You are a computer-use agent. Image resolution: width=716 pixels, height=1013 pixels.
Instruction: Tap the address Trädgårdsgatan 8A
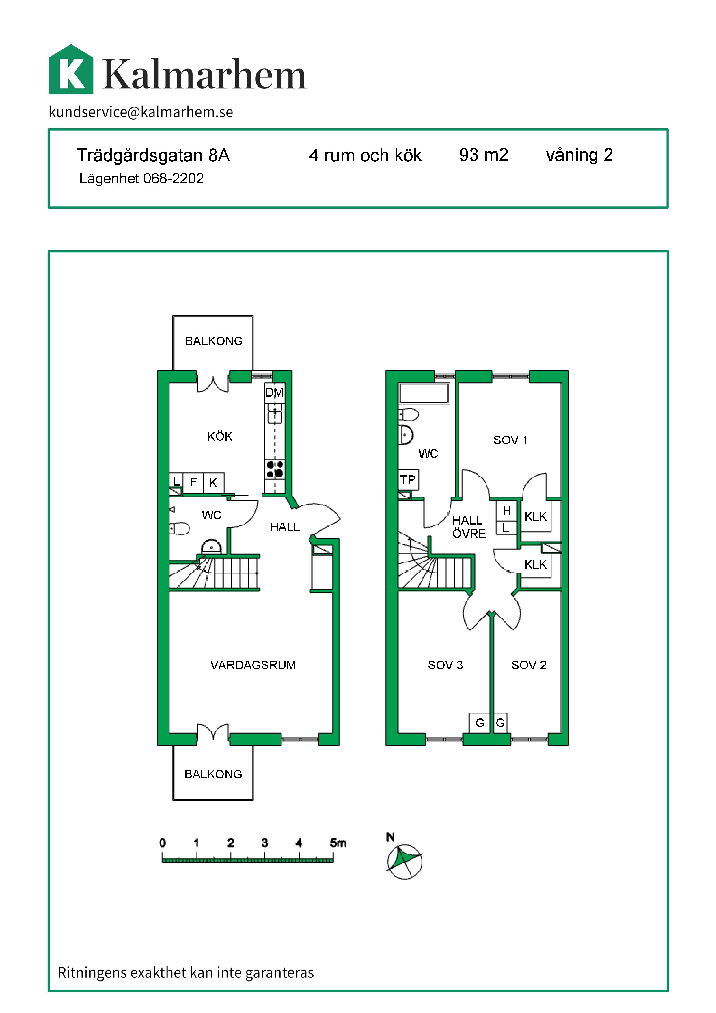153,155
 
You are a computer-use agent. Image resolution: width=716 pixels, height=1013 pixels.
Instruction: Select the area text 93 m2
483,155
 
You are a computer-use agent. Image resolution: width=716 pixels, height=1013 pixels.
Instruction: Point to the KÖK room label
219,436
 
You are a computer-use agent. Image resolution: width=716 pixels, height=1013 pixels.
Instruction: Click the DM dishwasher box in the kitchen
274,392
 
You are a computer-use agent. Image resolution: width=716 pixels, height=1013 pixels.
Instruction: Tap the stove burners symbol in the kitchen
275,469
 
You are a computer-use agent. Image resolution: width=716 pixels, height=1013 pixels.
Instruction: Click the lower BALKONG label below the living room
213,774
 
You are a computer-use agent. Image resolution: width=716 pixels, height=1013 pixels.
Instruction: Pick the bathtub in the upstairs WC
424,393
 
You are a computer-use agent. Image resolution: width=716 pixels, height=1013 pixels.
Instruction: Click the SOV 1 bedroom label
510,440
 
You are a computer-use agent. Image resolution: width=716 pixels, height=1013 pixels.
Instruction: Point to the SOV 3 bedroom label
445,665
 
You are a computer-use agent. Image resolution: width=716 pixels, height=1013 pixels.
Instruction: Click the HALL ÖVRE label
469,527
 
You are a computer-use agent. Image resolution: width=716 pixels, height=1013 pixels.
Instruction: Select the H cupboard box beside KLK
507,510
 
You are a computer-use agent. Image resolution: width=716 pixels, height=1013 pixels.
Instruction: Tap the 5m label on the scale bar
338,843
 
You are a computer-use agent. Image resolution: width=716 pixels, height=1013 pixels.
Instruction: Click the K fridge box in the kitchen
213,483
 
